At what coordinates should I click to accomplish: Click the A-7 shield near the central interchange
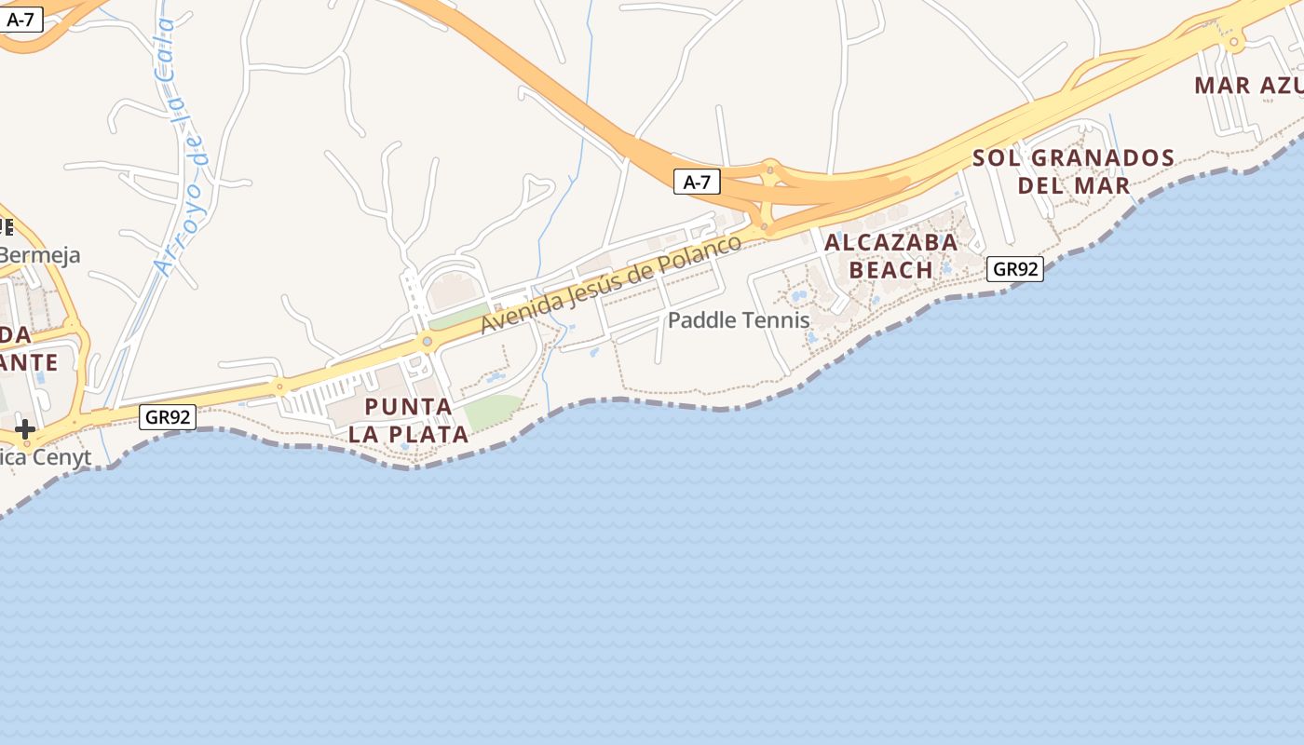[697, 182]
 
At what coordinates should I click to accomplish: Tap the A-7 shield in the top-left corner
[20, 19]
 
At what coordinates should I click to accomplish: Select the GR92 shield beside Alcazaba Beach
[1014, 269]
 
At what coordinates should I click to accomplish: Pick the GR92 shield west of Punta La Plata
[168, 416]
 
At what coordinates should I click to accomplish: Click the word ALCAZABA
[890, 243]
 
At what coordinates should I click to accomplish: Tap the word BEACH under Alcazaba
[890, 270]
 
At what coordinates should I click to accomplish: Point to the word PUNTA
[408, 407]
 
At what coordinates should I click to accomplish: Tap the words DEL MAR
[1073, 185]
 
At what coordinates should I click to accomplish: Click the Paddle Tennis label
[739, 320]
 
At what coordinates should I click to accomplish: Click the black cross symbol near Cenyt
[25, 429]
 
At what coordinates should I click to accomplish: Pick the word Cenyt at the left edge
[61, 457]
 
